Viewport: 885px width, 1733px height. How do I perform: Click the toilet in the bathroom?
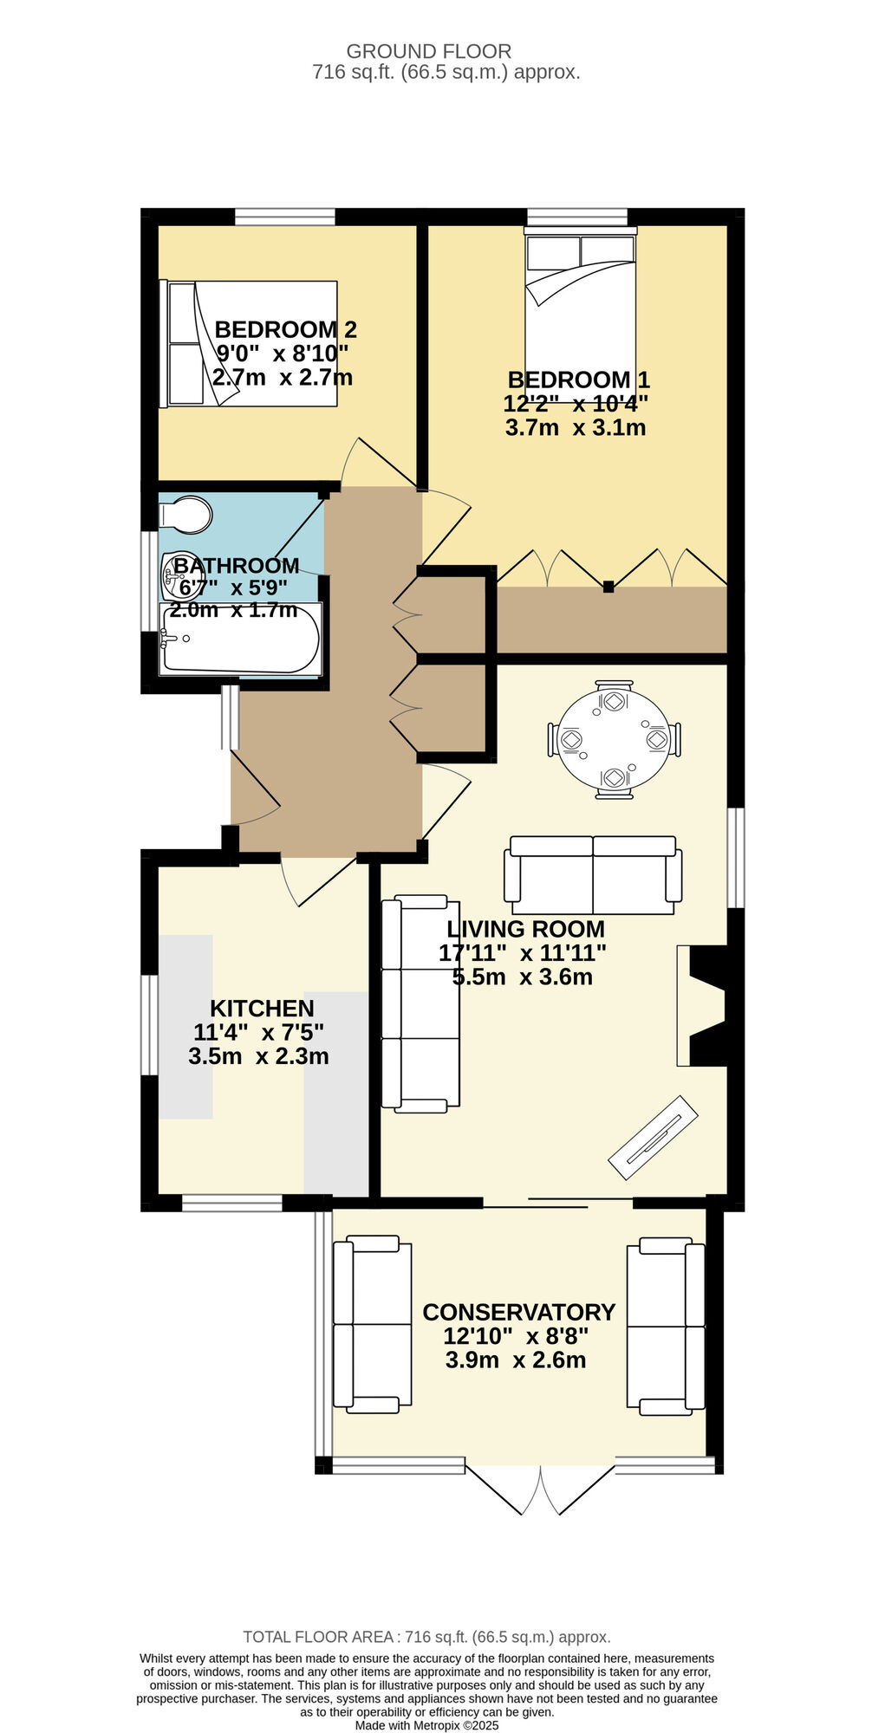186,516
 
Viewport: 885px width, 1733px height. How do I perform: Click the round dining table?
614,739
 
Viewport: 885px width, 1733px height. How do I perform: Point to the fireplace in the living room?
704,1005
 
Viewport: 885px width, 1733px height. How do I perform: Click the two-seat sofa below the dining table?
593,875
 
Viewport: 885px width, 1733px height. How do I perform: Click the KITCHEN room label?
262,1009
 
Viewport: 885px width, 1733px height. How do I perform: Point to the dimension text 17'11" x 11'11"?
522,953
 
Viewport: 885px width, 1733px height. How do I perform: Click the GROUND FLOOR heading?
428,52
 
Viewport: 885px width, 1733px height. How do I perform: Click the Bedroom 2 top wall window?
284,217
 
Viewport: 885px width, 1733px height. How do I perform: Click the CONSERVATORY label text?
518,1312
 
